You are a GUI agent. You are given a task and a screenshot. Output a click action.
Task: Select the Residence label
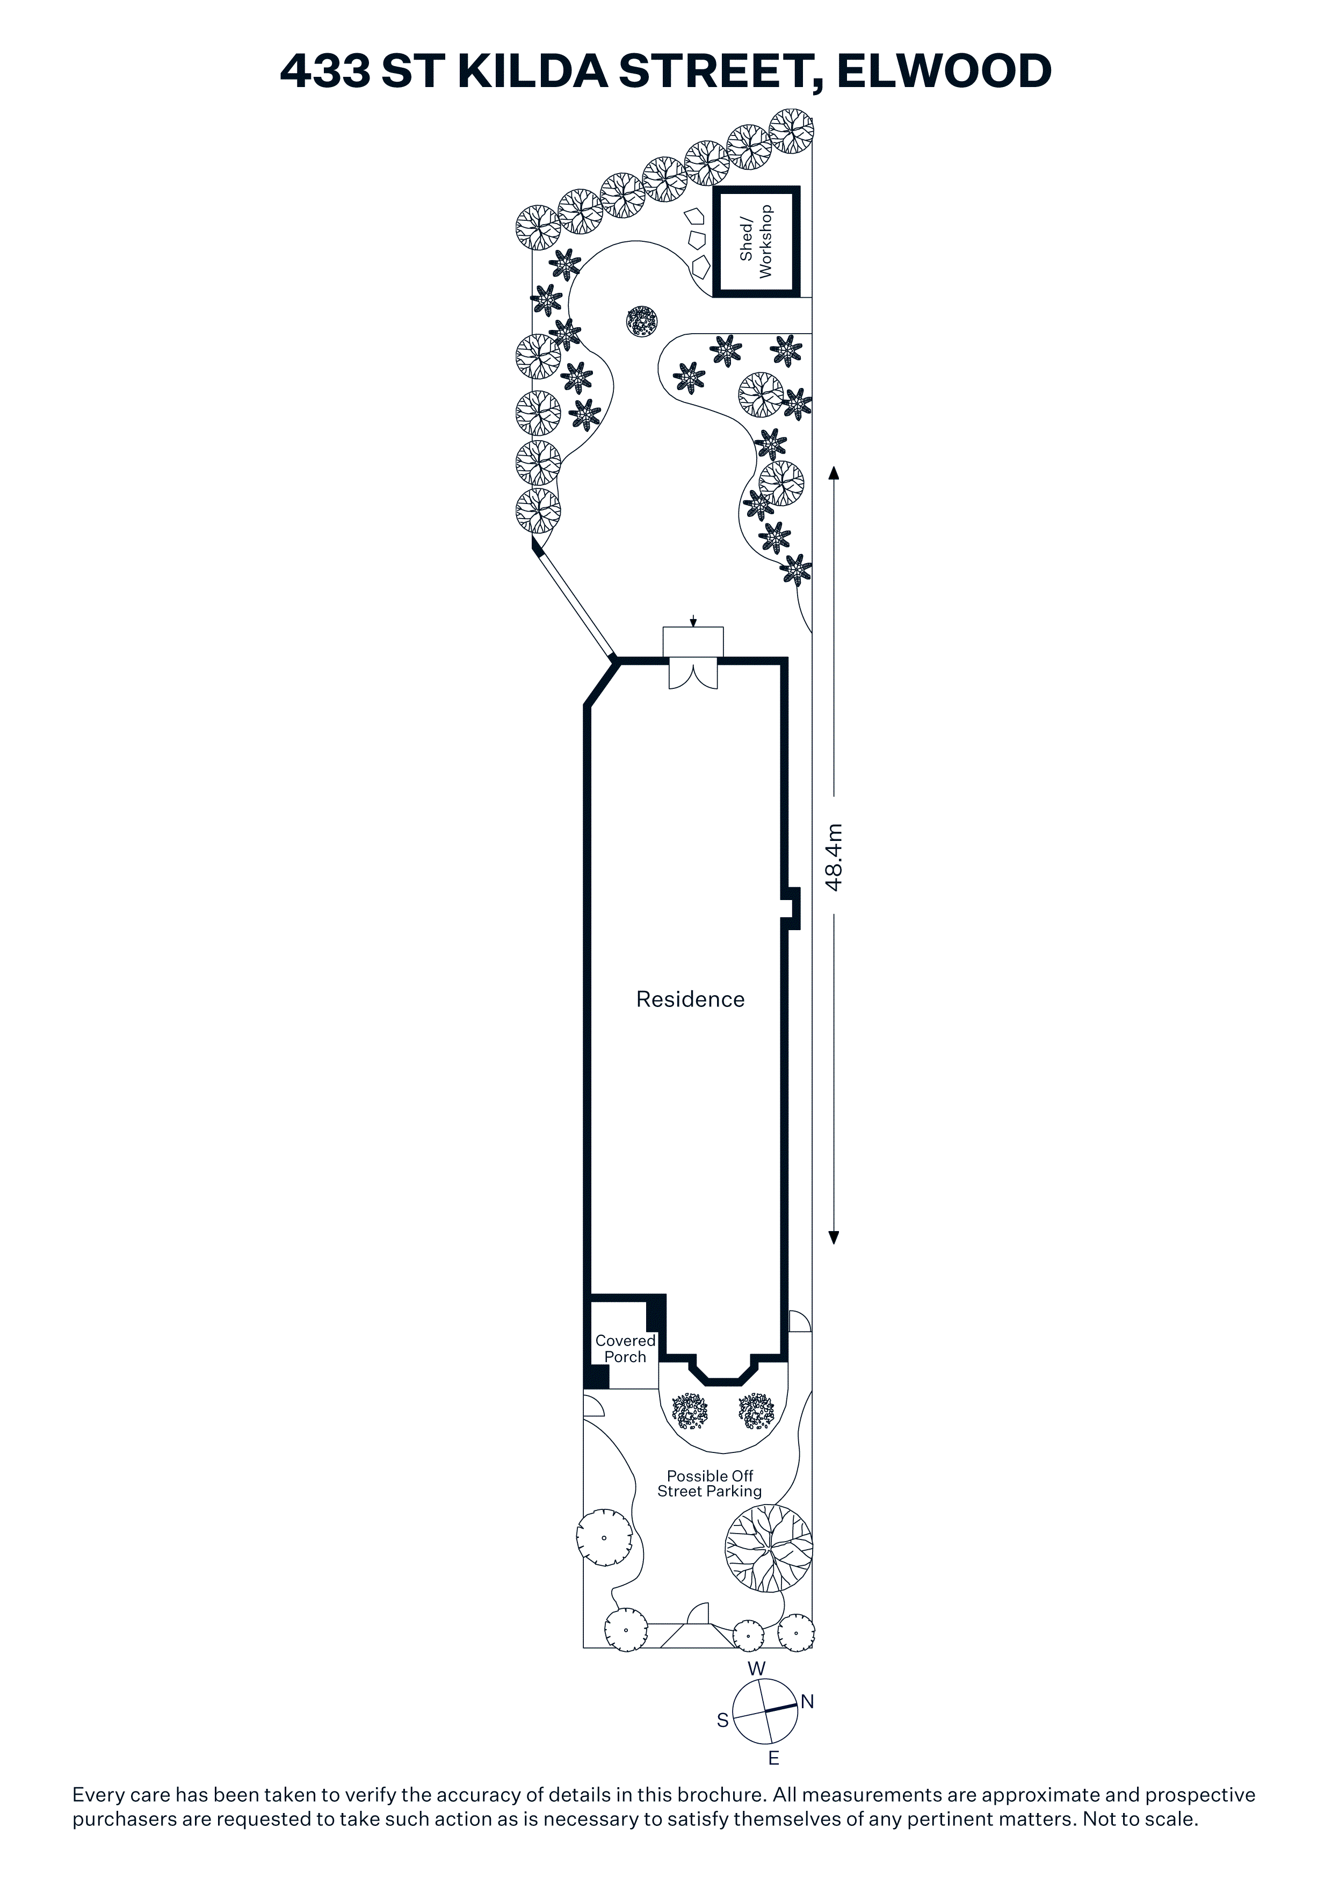[x=690, y=999]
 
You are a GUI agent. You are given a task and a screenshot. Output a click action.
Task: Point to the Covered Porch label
[x=625, y=1349]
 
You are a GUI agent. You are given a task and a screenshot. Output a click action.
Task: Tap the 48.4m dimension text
[x=834, y=857]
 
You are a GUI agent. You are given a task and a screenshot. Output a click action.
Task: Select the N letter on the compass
[x=808, y=1702]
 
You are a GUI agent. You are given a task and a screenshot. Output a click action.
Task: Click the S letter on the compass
[x=722, y=1720]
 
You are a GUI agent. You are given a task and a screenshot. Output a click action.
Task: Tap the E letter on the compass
[x=773, y=1758]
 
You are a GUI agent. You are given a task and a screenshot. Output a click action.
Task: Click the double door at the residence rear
[x=693, y=675]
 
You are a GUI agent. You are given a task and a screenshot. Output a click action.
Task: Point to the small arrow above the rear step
[x=693, y=621]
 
